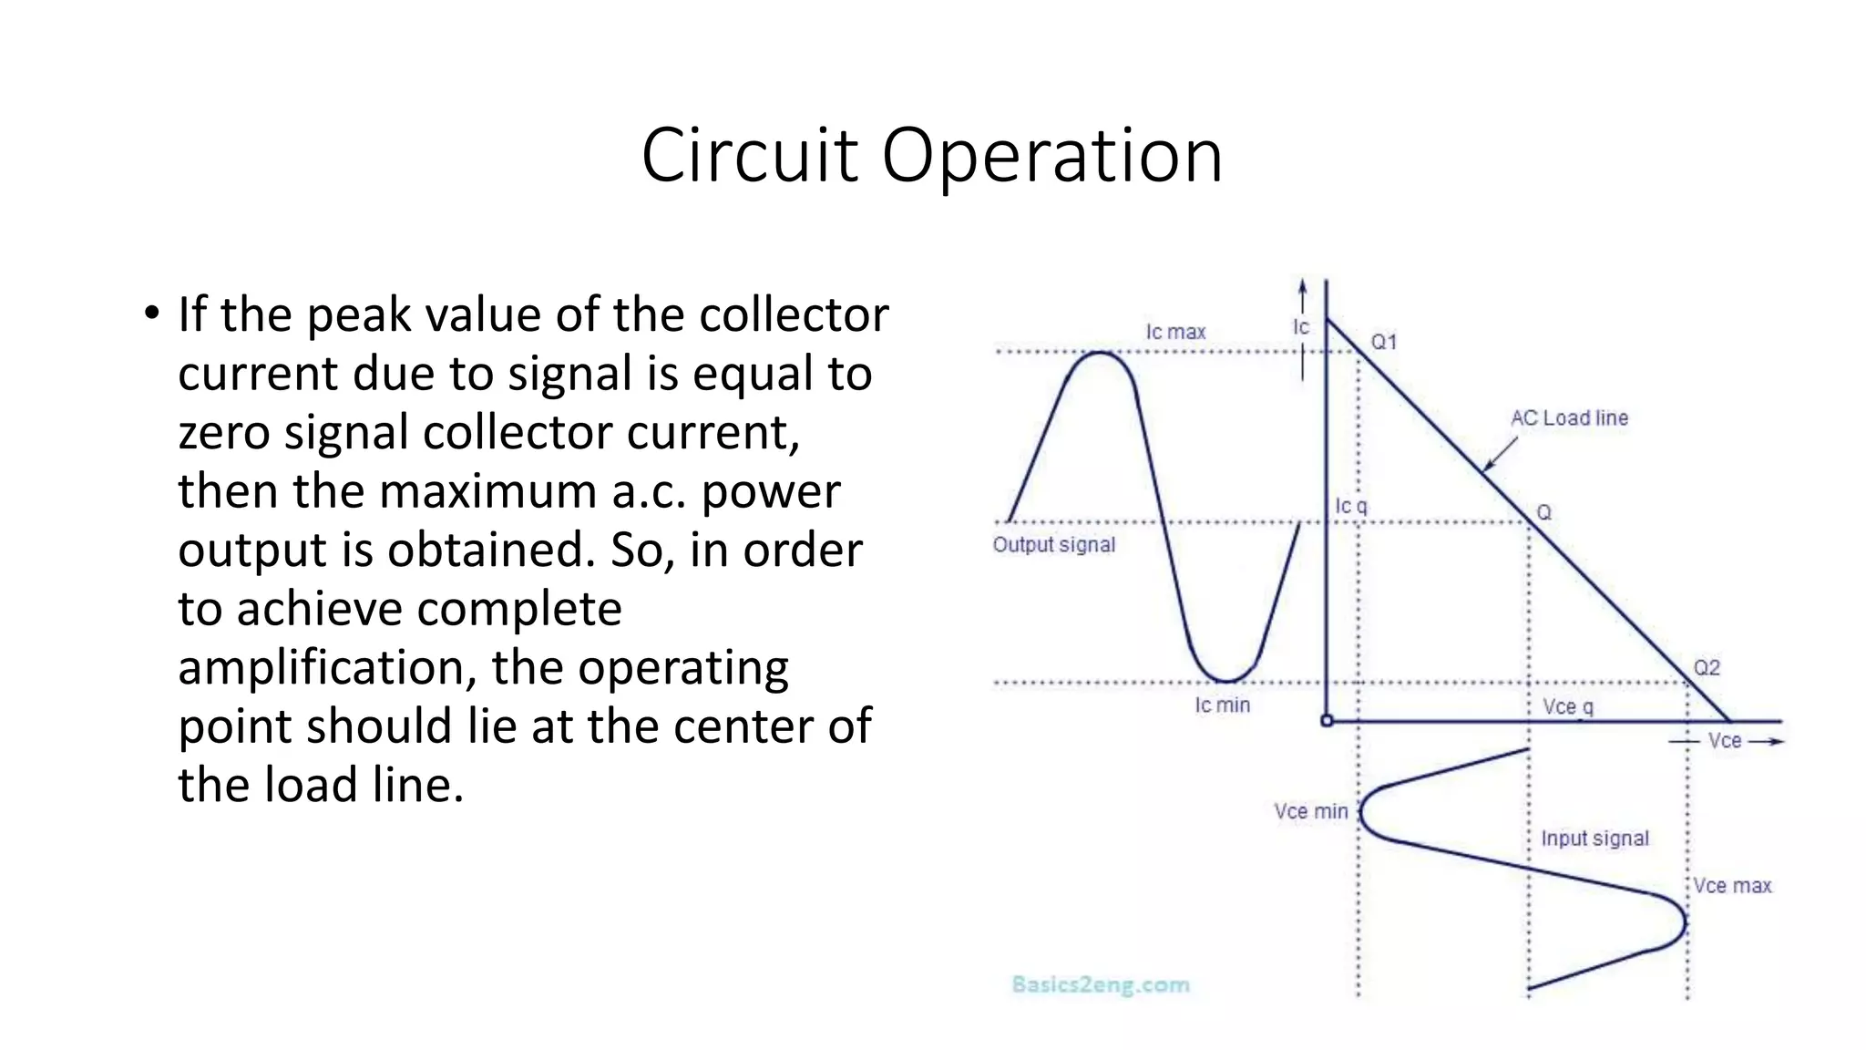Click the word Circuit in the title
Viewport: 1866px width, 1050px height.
[749, 156]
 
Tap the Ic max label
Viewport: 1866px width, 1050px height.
[1175, 333]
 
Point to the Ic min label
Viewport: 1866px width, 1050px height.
[1222, 705]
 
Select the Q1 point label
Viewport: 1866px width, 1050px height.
[1383, 343]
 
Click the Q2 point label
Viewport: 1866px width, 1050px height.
[1706, 668]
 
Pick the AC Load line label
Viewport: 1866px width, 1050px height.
[1569, 418]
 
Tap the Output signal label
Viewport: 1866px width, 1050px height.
[1053, 545]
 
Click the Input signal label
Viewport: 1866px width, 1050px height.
[1594, 839]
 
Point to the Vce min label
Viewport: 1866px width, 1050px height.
[1310, 811]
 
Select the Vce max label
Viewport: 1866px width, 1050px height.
[1732, 886]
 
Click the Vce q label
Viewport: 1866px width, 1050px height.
[1567, 707]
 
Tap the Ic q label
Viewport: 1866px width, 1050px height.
[1350, 507]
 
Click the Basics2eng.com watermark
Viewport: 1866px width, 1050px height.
[1101, 984]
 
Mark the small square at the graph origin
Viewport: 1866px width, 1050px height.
[1327, 721]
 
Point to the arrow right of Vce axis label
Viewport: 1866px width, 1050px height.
[1766, 742]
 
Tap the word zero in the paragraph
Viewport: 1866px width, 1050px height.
[223, 433]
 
